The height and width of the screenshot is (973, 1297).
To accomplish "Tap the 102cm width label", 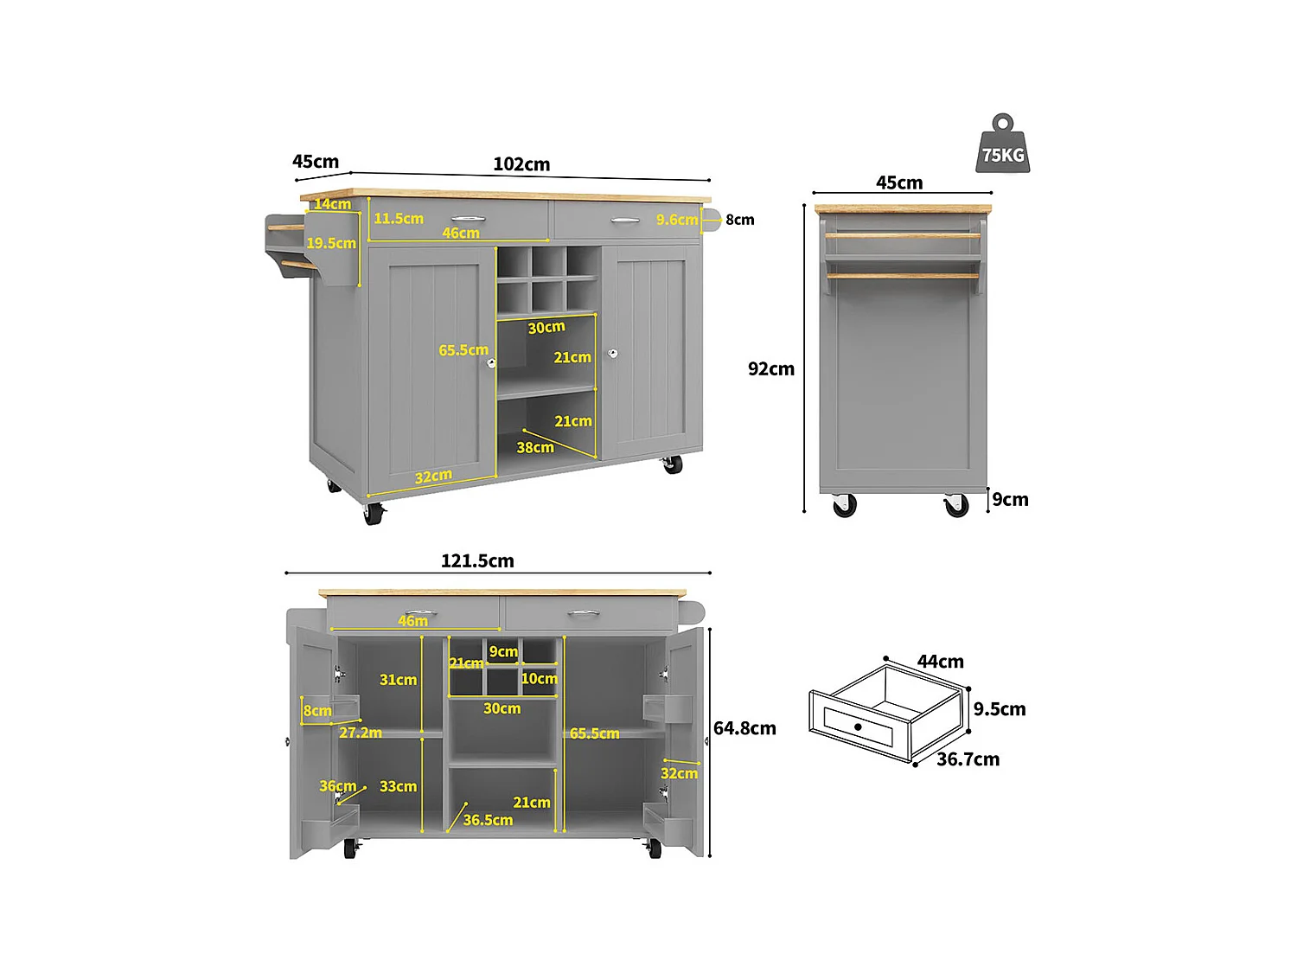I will point(521,164).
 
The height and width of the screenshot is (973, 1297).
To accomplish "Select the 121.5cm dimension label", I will point(477,560).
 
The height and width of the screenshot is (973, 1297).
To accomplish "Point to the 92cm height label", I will point(770,368).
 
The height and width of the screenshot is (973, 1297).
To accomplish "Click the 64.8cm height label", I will point(744,728).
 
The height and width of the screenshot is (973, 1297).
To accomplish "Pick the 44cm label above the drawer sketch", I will point(940,662).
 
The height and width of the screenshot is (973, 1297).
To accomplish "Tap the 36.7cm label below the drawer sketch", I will point(968,759).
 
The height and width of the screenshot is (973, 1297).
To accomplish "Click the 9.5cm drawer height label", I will point(1000,709).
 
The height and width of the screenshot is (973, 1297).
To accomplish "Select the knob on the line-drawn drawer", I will point(858,727).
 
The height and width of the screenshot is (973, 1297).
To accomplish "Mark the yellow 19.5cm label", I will point(331,243).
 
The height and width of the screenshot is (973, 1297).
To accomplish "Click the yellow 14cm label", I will point(332,204).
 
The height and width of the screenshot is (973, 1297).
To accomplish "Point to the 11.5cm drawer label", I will point(399,219).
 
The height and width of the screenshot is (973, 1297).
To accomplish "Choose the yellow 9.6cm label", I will point(676,220).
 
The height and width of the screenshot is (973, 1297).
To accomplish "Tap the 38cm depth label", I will point(535,447).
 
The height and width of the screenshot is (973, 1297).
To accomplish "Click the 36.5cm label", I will point(488,820).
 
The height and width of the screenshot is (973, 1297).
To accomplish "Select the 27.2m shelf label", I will point(361,733).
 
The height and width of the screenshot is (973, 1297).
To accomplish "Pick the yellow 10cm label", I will point(539,679).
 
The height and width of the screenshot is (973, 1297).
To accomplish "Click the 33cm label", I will point(398,786).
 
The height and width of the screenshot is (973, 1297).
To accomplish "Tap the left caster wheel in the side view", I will point(845,505).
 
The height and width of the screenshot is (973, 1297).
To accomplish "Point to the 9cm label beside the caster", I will point(1010,500).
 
